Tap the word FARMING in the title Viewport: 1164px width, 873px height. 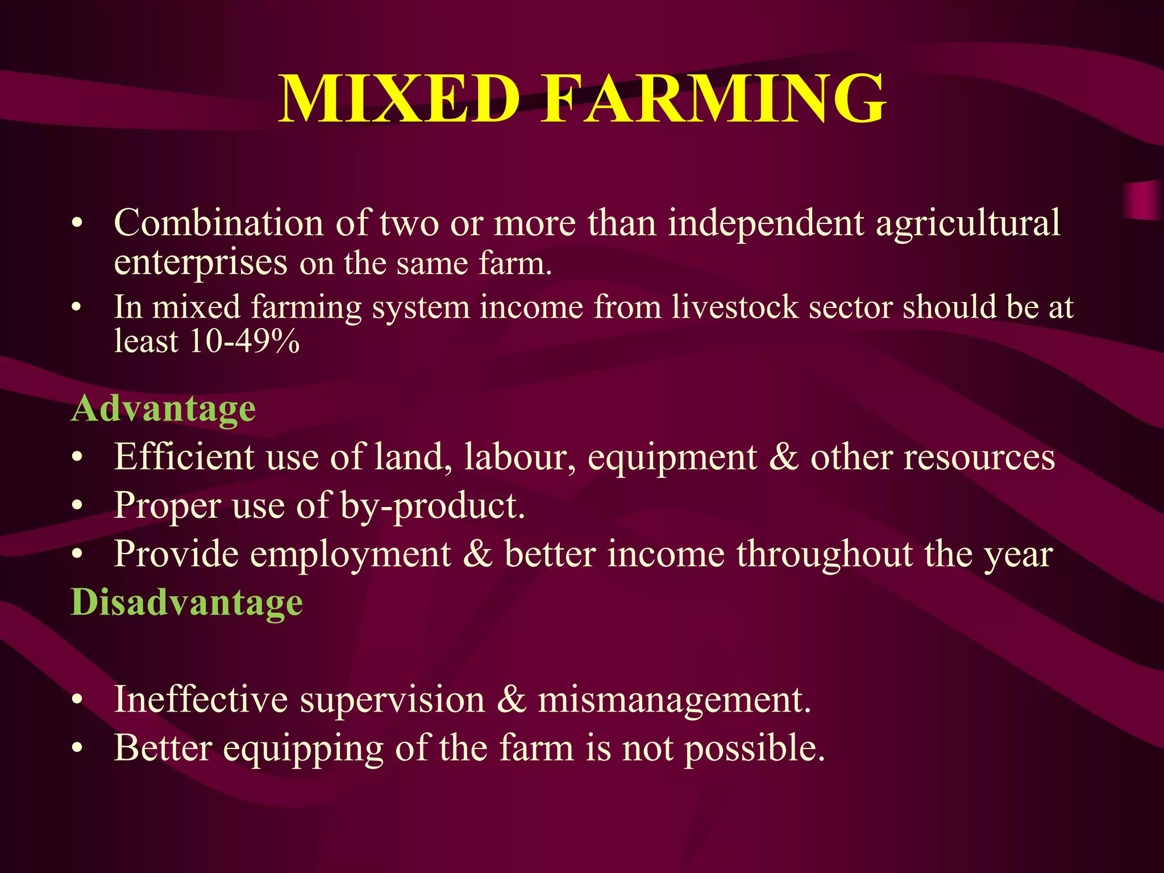point(713,99)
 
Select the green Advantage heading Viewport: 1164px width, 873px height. point(163,409)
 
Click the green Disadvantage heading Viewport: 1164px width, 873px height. point(186,602)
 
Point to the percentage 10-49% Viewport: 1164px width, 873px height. point(244,342)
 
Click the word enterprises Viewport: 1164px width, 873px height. point(201,263)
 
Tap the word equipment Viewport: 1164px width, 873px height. point(672,458)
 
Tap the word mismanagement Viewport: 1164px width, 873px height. point(674,700)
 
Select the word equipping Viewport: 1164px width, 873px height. point(303,749)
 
